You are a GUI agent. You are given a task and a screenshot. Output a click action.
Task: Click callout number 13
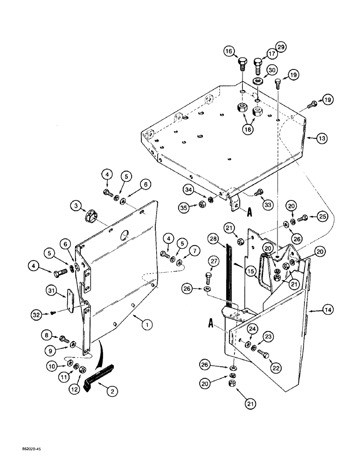pos(322,138)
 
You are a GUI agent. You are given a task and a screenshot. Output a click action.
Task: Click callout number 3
pos(75,205)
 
